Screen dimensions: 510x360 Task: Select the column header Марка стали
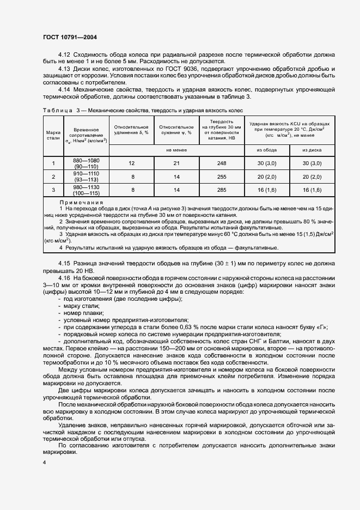click(53, 135)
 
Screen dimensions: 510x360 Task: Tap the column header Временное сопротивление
click(86, 135)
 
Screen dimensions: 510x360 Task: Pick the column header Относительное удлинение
click(131, 130)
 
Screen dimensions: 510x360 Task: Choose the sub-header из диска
click(312, 150)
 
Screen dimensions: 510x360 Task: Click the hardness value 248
click(221, 163)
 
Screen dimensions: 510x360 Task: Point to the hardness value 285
click(221, 190)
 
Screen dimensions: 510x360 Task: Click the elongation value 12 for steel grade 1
click(131, 163)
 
